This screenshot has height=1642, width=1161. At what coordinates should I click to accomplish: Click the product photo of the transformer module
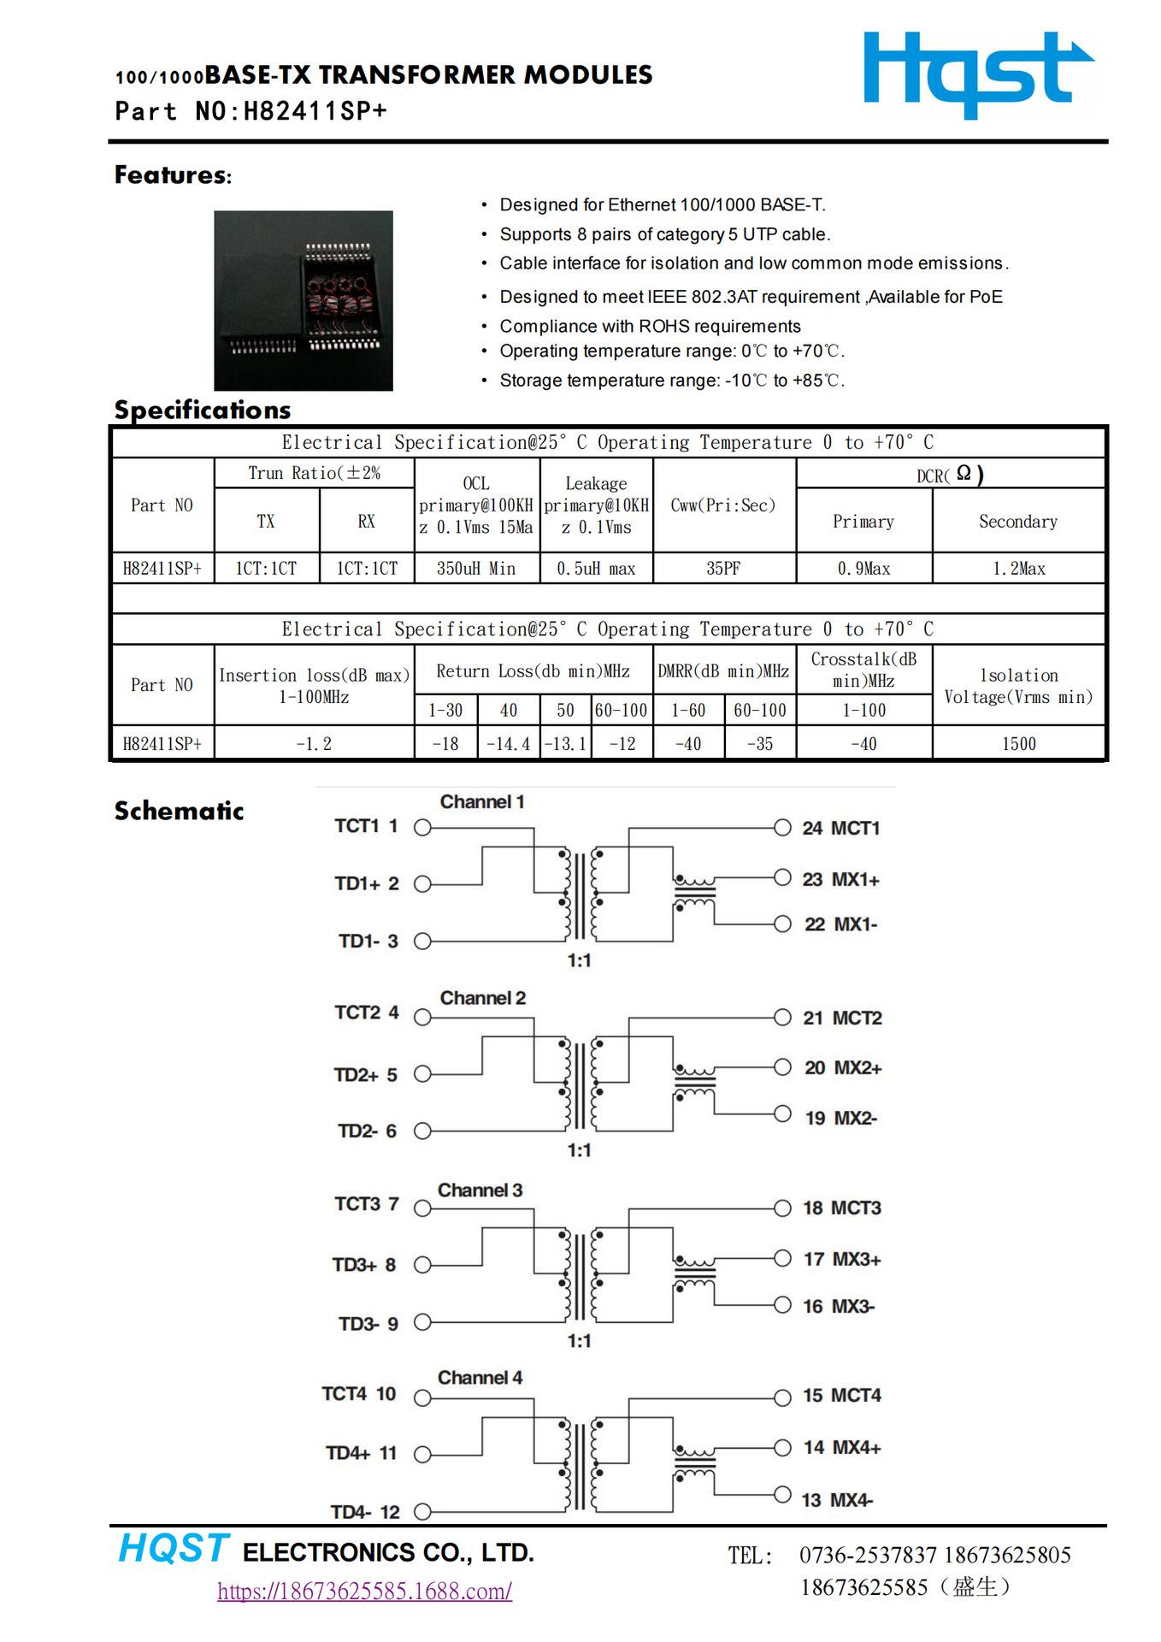303,300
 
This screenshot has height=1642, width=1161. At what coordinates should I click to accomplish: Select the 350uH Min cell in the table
476,569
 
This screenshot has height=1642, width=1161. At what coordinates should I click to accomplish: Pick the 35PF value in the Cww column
723,569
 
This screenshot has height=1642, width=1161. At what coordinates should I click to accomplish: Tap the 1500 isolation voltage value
1018,744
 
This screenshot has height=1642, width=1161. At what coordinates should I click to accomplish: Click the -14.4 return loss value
508,744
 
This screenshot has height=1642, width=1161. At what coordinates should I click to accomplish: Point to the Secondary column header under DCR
1017,522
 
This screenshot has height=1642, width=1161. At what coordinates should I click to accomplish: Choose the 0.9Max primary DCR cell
863,569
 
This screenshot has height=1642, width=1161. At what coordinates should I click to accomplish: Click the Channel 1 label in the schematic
482,802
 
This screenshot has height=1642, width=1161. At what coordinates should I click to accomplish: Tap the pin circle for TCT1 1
422,827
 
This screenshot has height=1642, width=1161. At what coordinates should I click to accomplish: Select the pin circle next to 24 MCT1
782,827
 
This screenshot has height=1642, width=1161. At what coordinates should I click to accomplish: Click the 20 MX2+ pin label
842,1068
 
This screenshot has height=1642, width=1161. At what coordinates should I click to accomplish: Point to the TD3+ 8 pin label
365,1265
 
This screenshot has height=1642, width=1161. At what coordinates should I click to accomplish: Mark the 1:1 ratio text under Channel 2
579,1150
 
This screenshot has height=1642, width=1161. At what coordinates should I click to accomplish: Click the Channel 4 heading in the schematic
480,1378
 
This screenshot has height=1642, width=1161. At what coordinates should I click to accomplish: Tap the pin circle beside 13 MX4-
782,1495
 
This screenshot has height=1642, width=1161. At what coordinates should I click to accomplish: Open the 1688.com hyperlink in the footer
364,1591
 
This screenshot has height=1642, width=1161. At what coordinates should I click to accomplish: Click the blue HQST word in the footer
174,1549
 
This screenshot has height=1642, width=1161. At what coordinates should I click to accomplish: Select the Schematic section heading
179,811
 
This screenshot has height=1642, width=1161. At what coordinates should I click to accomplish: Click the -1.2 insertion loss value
314,744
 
